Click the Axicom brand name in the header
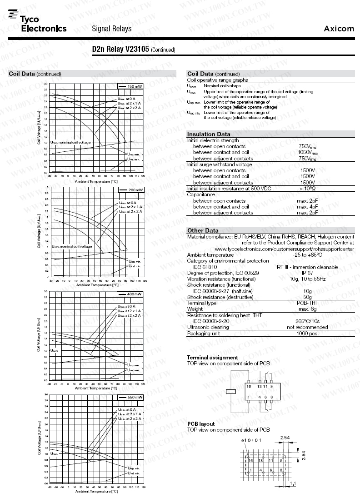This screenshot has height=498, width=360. (x=339, y=29)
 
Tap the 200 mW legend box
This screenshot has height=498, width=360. (x=130, y=189)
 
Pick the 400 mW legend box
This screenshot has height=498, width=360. (x=130, y=294)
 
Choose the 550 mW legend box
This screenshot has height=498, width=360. (x=130, y=397)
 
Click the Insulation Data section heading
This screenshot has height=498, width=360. (x=209, y=134)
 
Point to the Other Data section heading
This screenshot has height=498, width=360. (x=203, y=230)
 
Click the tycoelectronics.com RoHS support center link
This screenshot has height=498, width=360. (x=284, y=249)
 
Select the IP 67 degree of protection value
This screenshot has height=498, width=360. (x=307, y=273)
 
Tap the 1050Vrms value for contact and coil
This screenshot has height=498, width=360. (x=308, y=153)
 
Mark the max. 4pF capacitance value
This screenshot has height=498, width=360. (x=307, y=207)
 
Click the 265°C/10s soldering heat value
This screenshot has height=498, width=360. (x=307, y=321)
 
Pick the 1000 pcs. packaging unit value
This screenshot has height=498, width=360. (x=307, y=333)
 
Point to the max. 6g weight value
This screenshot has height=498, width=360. (x=307, y=309)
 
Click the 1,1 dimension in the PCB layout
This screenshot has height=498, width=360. (x=293, y=483)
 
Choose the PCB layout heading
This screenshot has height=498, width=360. (x=201, y=424)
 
